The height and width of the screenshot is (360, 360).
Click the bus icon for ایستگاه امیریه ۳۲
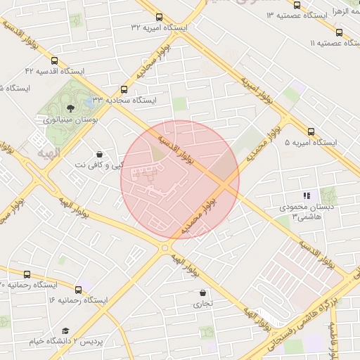(x=159, y=17)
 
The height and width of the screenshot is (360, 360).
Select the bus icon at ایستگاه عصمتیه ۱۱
(x=339, y=32)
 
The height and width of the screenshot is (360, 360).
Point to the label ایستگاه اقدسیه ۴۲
(x=54, y=71)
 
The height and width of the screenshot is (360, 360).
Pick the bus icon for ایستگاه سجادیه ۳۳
(x=124, y=89)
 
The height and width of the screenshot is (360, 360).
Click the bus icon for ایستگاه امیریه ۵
(x=311, y=131)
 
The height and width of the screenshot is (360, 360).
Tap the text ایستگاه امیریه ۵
(x=311, y=142)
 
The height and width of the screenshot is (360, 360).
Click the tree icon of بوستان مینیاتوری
(x=70, y=108)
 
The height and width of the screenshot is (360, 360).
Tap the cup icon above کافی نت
(x=99, y=153)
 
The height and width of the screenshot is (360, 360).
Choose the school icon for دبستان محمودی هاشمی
(x=306, y=195)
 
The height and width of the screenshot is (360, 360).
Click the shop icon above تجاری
(x=203, y=292)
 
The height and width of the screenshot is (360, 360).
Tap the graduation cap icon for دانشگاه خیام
(x=65, y=330)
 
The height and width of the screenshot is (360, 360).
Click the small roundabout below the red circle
(x=165, y=247)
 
